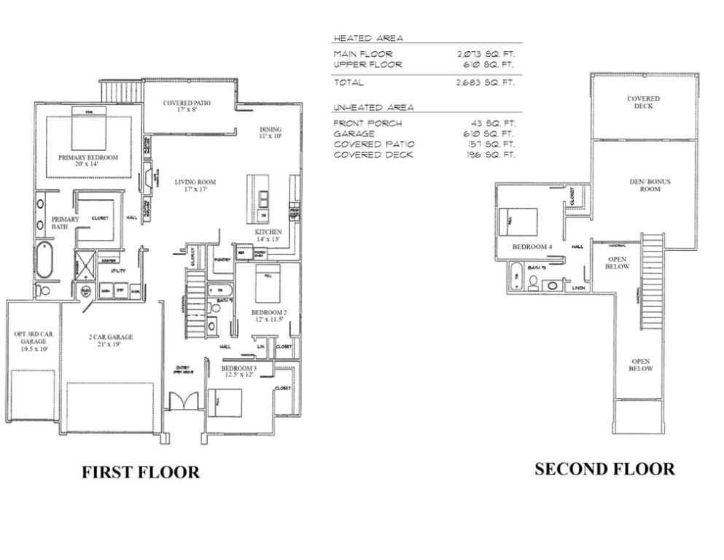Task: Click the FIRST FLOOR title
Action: tap(139, 472)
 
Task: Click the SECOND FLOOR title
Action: tap(604, 469)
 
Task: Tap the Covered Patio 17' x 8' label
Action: tap(187, 107)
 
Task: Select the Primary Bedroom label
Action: tap(88, 161)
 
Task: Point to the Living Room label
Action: tap(195, 186)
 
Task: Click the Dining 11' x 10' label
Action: tap(270, 131)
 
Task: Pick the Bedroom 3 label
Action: tap(239, 371)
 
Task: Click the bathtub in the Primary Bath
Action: tap(44, 260)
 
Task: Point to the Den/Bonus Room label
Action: tap(645, 185)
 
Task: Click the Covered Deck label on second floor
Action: tap(644, 102)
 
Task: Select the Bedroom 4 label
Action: tap(532, 247)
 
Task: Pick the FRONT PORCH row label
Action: tap(362, 122)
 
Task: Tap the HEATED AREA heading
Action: tap(367, 38)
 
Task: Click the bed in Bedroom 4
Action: tap(518, 221)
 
